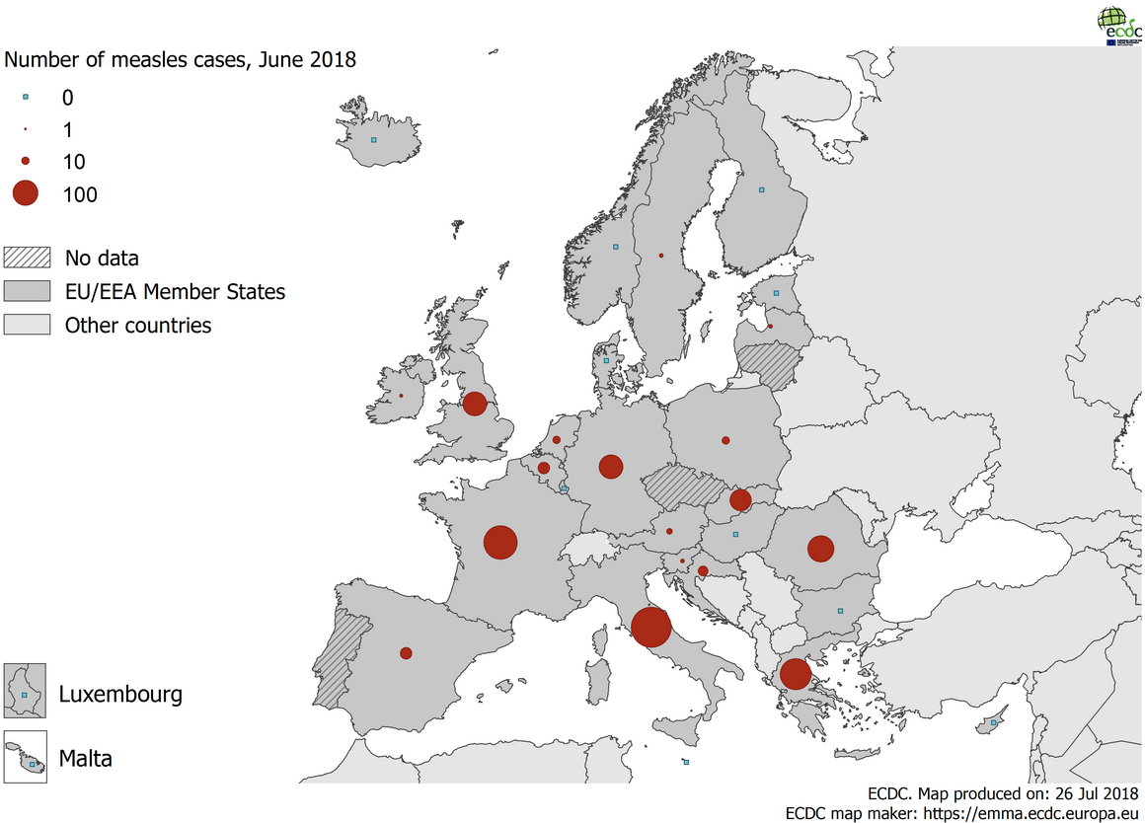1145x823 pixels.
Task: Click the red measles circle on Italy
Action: click(x=651, y=628)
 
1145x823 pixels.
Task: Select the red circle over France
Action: click(x=500, y=543)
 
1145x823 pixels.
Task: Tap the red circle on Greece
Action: click(x=795, y=674)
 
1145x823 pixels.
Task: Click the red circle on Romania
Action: click(x=820, y=549)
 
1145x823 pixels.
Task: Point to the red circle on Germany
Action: click(x=611, y=467)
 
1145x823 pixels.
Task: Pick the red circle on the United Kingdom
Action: click(x=475, y=404)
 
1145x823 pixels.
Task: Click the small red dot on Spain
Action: click(x=406, y=653)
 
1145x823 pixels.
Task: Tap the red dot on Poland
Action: click(x=725, y=440)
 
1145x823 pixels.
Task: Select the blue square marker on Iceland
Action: click(x=373, y=140)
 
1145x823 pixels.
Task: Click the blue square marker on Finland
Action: click(x=761, y=189)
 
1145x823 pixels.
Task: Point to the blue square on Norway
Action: click(x=615, y=247)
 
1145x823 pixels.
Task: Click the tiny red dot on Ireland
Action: click(x=401, y=396)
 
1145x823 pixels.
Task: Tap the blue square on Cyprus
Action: click(x=994, y=723)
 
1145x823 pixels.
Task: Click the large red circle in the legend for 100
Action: click(x=25, y=193)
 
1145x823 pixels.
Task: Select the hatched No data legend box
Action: click(x=27, y=259)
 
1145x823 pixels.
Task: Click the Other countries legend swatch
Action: click(x=27, y=325)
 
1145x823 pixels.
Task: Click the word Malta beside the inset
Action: click(x=85, y=759)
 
